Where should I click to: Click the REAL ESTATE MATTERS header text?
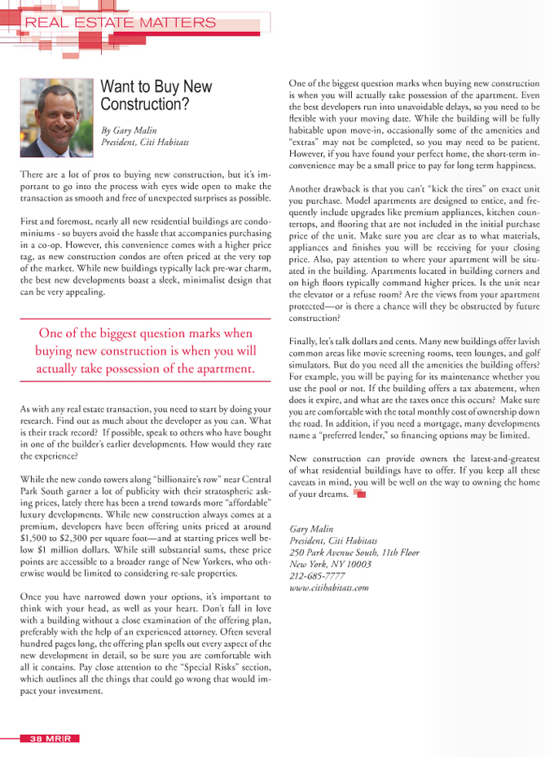[x=121, y=23]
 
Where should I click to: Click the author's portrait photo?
[x=56, y=117]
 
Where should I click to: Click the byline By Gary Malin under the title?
[x=129, y=130]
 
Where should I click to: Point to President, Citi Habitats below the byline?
[x=145, y=142]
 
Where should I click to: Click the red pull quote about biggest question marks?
[x=146, y=351]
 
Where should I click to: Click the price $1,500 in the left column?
[x=33, y=539]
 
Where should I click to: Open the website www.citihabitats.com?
[x=329, y=587]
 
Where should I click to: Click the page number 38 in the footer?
[x=36, y=738]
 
